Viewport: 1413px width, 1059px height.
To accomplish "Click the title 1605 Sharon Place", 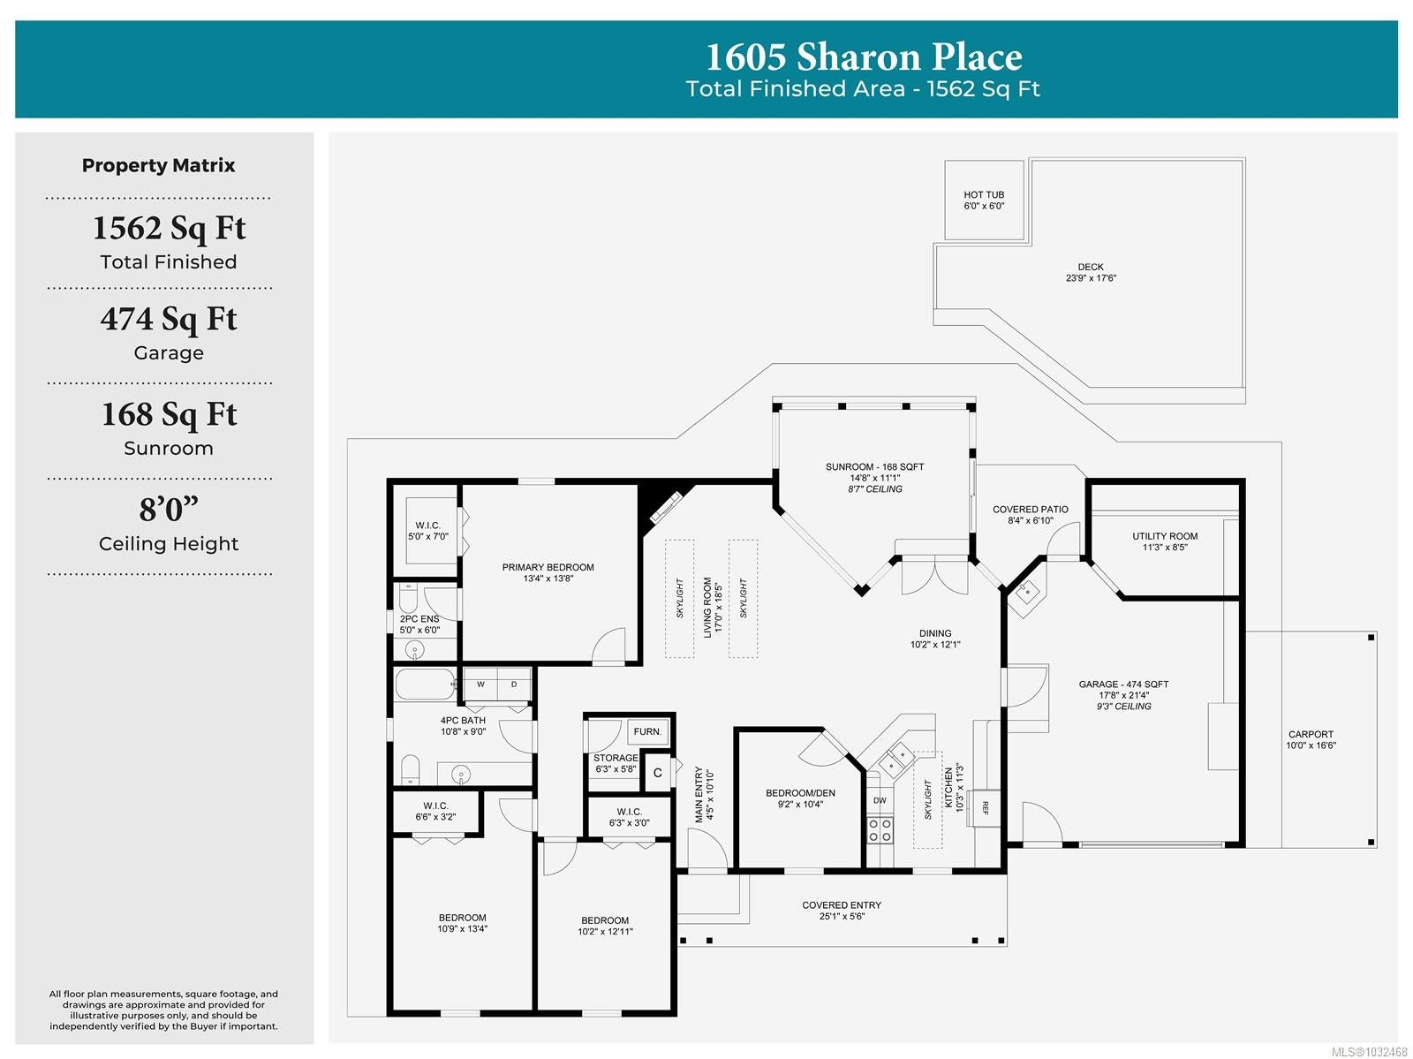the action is coord(864,57).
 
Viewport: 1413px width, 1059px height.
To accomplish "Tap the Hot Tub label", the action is coord(983,194).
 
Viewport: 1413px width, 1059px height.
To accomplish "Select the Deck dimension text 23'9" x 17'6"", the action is coord(1091,278).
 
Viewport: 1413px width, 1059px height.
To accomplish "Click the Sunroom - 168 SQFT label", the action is coord(874,466).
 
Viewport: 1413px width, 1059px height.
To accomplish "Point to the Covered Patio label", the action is coord(1030,510).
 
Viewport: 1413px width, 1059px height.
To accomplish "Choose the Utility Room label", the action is coord(1165,536).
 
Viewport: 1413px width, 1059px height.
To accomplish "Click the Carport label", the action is coord(1310,734).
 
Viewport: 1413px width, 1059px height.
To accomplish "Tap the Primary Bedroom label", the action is coord(548,567).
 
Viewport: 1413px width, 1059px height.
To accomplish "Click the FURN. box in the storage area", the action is coord(647,732).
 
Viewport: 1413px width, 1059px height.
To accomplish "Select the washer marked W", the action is coord(480,685).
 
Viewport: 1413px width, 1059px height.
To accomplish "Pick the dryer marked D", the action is coord(514,685).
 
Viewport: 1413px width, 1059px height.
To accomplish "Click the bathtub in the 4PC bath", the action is coord(425,684).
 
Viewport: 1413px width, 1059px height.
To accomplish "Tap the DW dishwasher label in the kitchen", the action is coord(880,800).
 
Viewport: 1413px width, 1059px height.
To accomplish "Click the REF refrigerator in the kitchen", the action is coord(985,808).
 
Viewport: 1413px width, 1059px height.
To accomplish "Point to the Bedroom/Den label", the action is coord(799,793).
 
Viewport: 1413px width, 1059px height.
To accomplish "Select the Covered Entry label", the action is coord(842,905).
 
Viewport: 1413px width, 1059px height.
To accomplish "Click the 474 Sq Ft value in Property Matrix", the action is coord(169,319).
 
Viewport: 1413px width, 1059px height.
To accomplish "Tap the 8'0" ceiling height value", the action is coord(169,509).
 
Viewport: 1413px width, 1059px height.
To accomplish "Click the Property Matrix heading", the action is coord(158,165).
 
